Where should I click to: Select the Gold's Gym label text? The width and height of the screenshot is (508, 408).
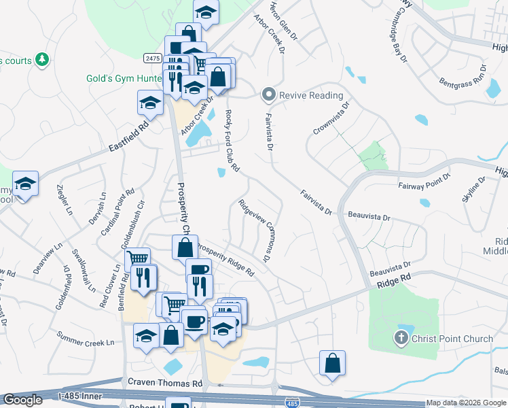click(123, 78)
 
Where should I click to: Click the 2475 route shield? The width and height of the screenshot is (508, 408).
click(152, 59)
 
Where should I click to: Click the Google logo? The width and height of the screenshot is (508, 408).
click(22, 400)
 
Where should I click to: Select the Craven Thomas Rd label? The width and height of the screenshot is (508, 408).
click(165, 384)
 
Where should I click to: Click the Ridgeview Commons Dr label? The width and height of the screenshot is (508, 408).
click(255, 231)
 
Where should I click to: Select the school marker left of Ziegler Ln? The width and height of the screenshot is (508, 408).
click(25, 184)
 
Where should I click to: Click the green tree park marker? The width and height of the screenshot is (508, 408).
click(42, 60)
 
